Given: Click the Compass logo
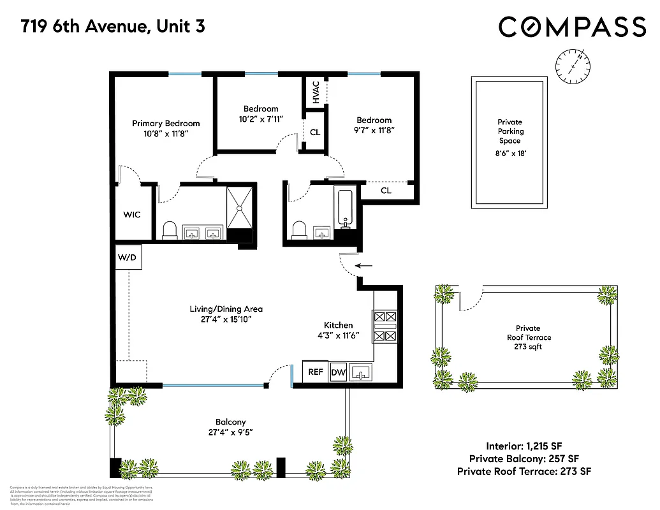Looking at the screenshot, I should click(572, 27).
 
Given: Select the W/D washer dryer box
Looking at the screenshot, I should click(128, 258).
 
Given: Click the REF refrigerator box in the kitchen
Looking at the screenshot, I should click(316, 372).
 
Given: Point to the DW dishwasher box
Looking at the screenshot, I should click(338, 372).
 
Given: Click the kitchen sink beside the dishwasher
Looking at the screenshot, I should click(360, 372).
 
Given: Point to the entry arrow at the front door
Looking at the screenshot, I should click(363, 266).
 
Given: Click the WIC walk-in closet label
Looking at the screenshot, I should click(132, 215).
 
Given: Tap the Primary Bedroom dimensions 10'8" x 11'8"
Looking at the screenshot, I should click(166, 135).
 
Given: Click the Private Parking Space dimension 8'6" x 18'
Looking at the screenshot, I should click(510, 153).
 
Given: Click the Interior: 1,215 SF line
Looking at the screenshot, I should click(524, 446).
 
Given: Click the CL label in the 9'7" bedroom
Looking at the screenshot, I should click(386, 191).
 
